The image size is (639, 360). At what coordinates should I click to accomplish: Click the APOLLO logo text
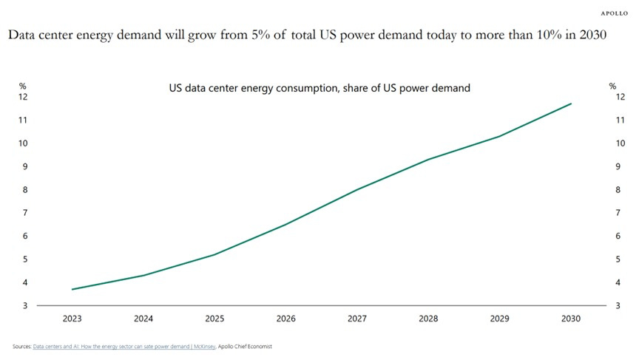pos(614,13)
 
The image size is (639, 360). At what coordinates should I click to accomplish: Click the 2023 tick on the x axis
pos(72,319)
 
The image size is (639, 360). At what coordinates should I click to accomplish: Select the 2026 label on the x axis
pos(285,319)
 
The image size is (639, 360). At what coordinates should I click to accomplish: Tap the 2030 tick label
pos(571,319)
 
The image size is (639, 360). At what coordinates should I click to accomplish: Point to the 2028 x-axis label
pos(428,319)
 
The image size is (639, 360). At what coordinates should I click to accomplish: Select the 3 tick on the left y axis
pos(25,305)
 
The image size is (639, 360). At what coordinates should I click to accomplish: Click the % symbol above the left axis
pos(23,86)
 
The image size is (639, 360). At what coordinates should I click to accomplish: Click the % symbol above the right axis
pos(612,86)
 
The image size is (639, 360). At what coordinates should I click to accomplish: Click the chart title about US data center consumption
pos(319,88)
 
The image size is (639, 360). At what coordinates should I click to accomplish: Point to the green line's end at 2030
pos(571,103)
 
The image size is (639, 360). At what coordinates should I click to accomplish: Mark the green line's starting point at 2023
pos(72,289)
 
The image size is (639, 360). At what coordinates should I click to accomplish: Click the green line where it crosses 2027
pos(357,190)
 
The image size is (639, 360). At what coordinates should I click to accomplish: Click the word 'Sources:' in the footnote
pos(22,346)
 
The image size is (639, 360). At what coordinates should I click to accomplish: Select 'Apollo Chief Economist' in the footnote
pos(245,346)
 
